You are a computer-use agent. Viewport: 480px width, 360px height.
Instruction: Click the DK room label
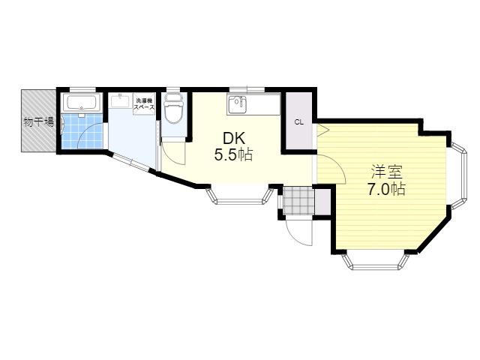coord(234,139)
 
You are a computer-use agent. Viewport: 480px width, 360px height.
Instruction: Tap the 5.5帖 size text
coord(233,155)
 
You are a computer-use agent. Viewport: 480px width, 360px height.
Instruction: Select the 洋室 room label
coord(386,172)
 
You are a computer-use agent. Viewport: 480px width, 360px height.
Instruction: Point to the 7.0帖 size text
coord(386,189)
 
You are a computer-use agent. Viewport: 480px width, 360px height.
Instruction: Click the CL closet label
coord(298,122)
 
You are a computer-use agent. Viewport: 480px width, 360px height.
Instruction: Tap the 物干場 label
coord(39,122)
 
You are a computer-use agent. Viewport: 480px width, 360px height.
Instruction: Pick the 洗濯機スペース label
coord(144,104)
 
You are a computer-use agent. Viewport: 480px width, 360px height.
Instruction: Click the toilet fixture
coord(173,108)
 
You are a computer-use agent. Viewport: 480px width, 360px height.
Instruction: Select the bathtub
coord(81,102)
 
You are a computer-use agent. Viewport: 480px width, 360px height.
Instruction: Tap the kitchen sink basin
coord(237,104)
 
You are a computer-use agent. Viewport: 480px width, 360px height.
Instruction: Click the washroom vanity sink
coord(120,100)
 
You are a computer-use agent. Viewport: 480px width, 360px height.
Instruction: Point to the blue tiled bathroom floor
coord(82,131)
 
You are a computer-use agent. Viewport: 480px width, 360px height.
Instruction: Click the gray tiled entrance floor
coord(298,200)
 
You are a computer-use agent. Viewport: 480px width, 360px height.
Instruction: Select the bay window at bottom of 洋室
coord(375,261)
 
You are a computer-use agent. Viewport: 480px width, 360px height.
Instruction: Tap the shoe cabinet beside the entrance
coord(322,202)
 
